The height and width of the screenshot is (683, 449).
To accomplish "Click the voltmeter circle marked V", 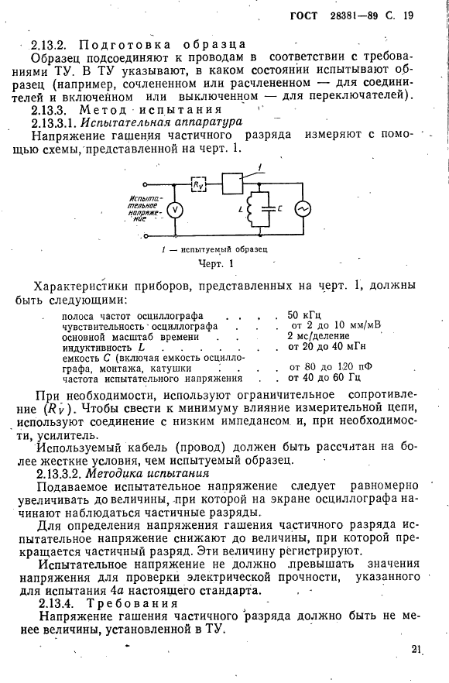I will [175, 210].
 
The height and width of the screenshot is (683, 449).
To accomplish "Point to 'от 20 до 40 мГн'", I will [325, 347].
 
